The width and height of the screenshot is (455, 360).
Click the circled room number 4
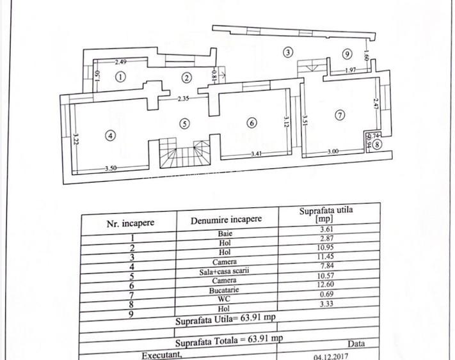[111, 136]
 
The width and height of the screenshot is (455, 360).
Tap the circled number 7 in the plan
[340, 115]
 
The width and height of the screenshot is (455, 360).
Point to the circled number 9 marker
[347, 54]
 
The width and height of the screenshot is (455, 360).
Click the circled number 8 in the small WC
[378, 145]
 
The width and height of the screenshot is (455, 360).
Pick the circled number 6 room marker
[251, 123]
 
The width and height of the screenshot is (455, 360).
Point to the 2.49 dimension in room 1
[122, 62]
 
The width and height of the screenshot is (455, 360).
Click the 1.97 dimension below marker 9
[350, 70]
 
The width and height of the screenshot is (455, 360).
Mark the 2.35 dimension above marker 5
[185, 99]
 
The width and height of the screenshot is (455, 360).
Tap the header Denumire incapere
[226, 219]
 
